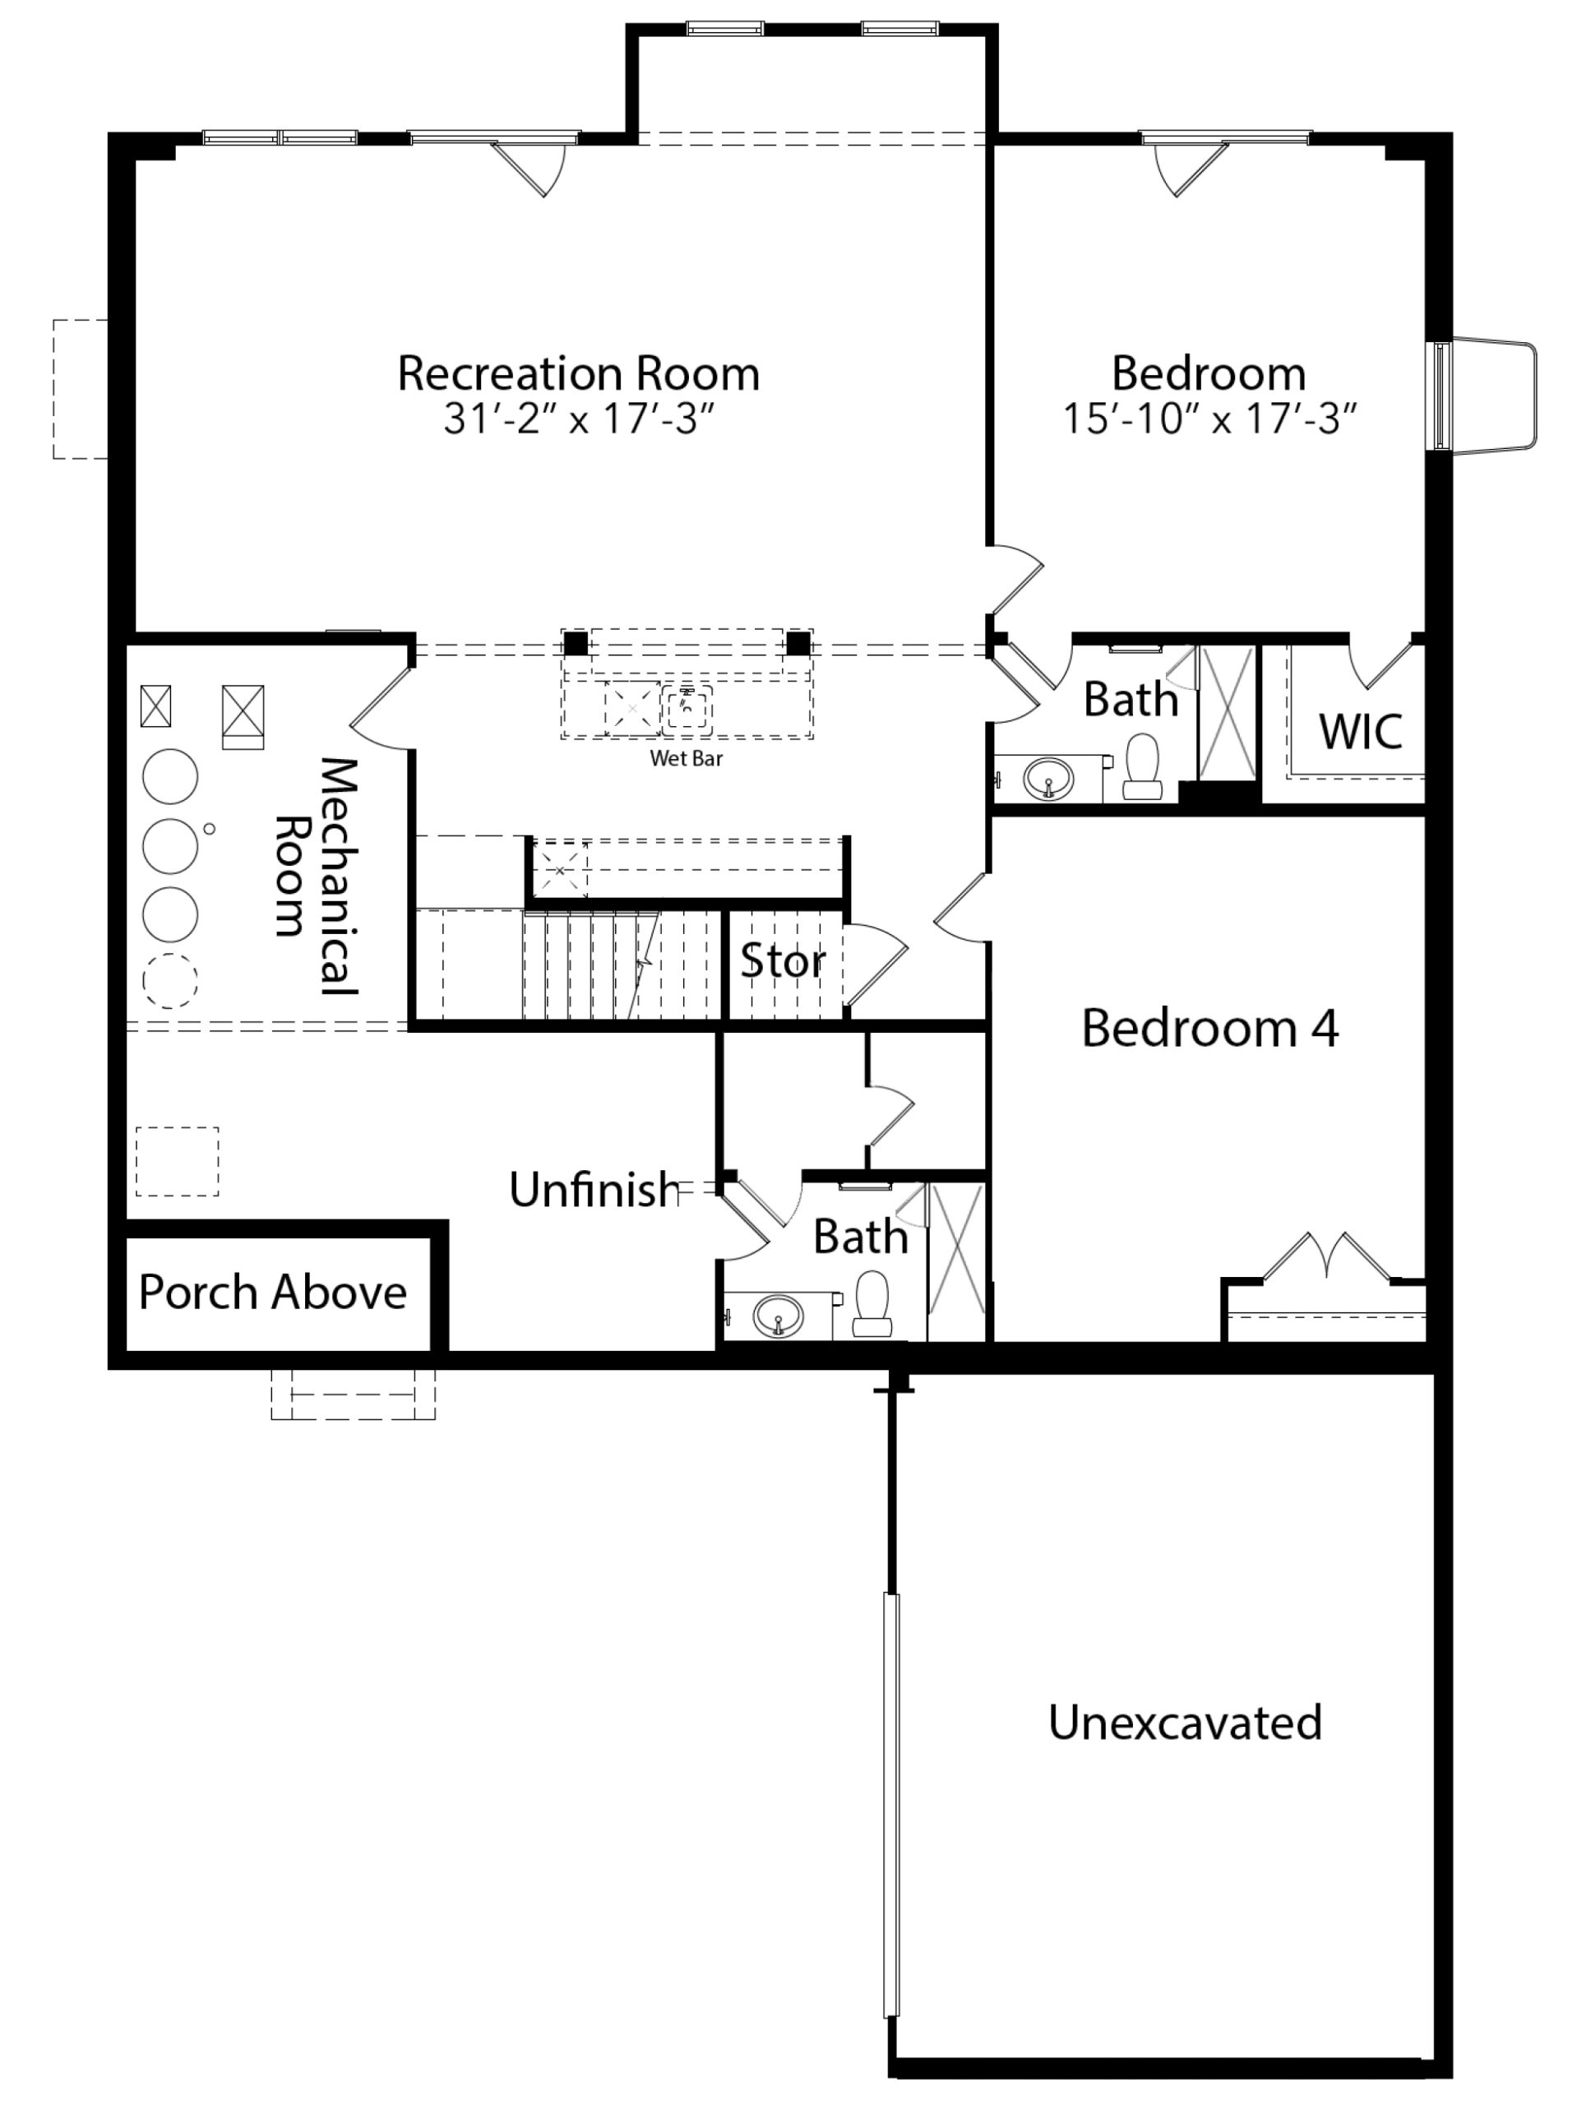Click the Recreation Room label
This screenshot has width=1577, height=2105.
(x=578, y=373)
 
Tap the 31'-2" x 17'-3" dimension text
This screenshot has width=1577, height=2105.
(x=578, y=419)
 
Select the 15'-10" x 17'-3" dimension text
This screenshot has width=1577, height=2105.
(x=1209, y=419)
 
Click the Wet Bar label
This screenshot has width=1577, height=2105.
(x=687, y=758)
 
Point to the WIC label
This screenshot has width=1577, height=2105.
(x=1361, y=732)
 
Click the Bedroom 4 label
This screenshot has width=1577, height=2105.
(x=1209, y=1029)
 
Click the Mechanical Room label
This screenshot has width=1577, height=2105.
(x=315, y=876)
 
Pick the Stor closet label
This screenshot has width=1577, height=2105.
(x=782, y=961)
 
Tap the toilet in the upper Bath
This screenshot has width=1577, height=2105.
(x=1142, y=766)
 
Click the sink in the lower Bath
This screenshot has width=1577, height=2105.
(x=778, y=1317)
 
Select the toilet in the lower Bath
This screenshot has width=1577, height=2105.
(x=872, y=1304)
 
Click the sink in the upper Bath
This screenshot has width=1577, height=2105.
(x=1047, y=780)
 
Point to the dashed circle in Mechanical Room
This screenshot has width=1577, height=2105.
(x=170, y=980)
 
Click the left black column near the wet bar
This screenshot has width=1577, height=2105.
(x=575, y=643)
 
